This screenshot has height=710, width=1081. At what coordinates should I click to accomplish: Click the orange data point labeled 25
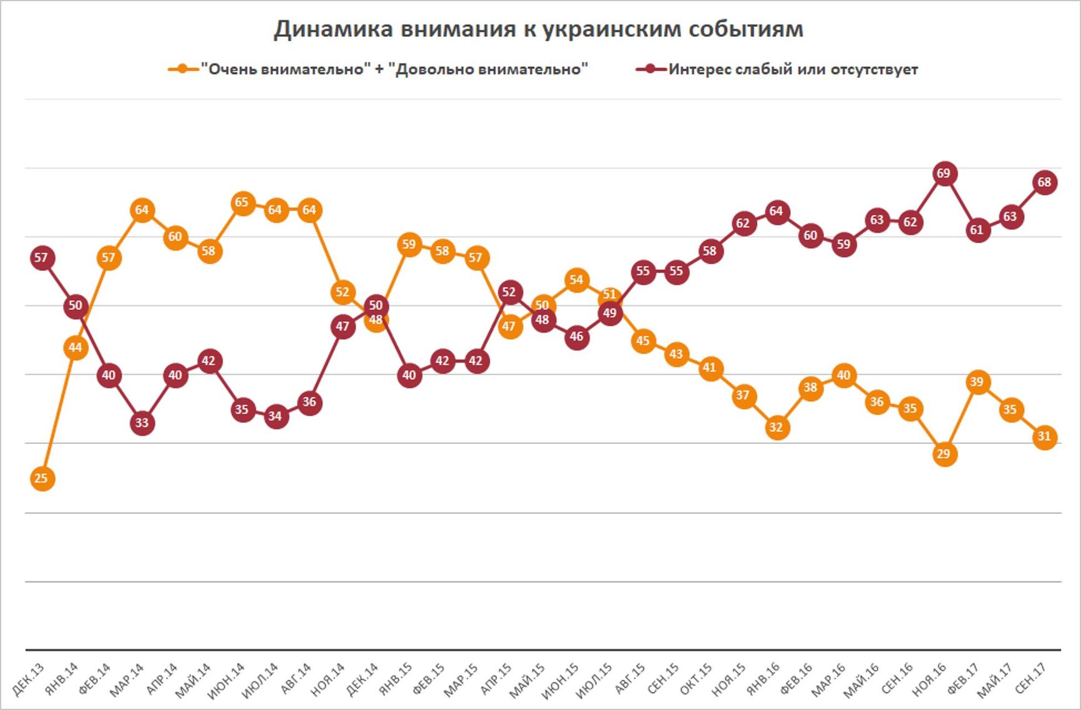click(x=41, y=479)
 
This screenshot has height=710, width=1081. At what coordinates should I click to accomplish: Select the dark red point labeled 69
click(x=944, y=174)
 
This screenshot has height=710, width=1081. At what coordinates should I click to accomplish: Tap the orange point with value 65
click(x=242, y=203)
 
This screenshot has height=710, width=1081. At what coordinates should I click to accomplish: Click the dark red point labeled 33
click(x=142, y=423)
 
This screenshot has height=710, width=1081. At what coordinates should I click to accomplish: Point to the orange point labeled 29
click(x=944, y=454)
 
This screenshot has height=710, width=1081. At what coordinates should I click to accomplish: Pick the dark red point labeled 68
click(x=1044, y=183)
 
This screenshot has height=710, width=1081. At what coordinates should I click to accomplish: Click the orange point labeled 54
click(x=577, y=280)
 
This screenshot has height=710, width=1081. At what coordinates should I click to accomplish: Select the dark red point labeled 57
click(x=41, y=258)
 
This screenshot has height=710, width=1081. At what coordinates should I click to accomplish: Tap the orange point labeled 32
click(x=776, y=428)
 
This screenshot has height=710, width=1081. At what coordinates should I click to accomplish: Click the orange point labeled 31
click(x=1044, y=436)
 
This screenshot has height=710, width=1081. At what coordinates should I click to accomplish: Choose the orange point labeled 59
click(x=409, y=244)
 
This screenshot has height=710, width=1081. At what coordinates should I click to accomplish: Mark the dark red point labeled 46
click(x=577, y=337)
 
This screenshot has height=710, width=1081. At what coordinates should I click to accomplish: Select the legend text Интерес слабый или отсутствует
click(x=793, y=69)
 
